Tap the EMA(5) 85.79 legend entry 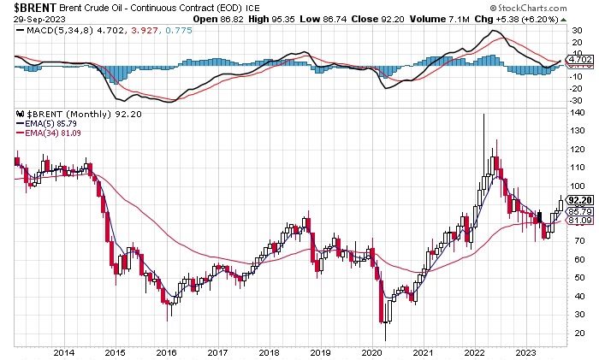click(x=45, y=122)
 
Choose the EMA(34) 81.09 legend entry click(x=48, y=133)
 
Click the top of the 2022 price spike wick click(x=485, y=114)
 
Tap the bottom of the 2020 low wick click(x=384, y=340)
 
